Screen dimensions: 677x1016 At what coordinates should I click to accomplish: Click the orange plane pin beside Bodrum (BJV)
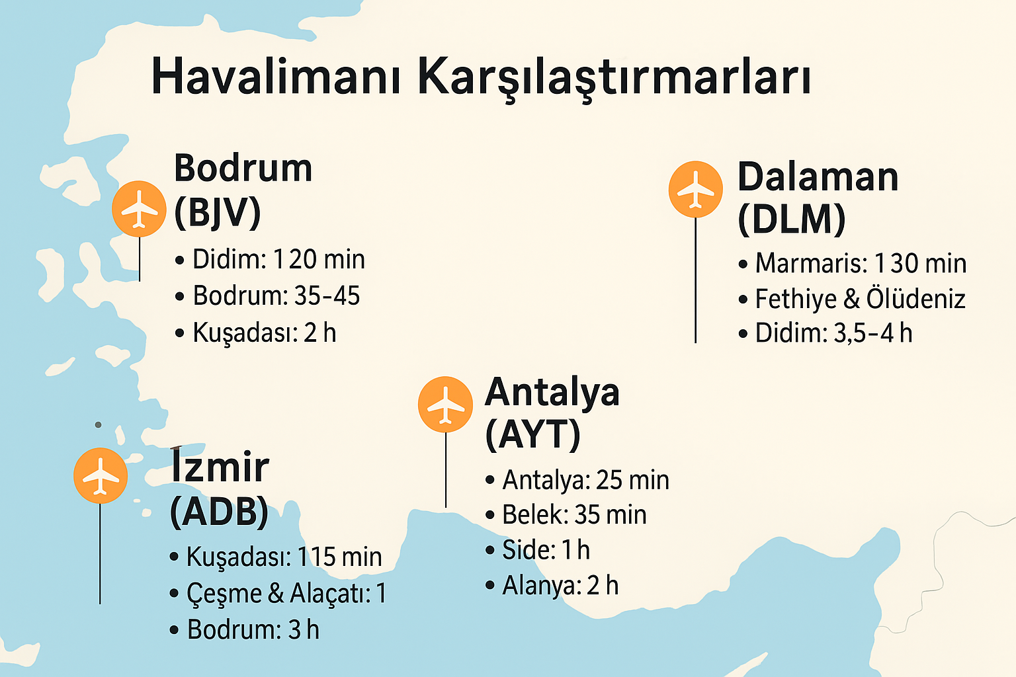(x=139, y=209)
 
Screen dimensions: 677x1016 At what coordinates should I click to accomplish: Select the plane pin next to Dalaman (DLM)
(x=695, y=189)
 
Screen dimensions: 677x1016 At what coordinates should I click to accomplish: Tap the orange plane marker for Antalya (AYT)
(x=445, y=404)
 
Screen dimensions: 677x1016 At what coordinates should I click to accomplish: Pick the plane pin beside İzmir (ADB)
(x=100, y=475)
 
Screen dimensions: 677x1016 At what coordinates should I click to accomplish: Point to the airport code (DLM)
(x=791, y=219)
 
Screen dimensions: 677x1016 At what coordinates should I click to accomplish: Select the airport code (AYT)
(x=532, y=434)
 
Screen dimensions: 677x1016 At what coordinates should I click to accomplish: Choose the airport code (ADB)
(x=219, y=511)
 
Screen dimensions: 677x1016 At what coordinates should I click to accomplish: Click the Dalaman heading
(x=818, y=177)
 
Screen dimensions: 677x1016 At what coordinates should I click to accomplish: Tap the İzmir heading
(x=220, y=467)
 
